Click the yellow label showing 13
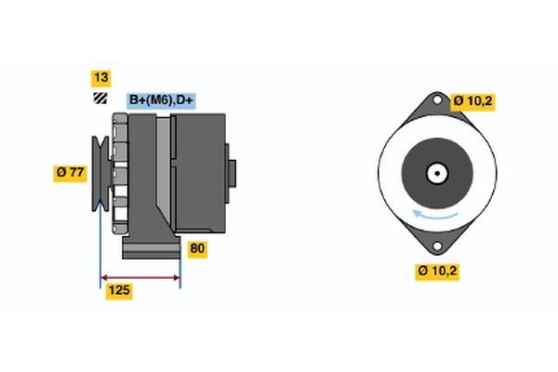101,78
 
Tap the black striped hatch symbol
100,99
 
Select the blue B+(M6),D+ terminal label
161,100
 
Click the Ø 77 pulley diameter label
70,173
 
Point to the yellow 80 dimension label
197,249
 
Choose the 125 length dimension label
119,290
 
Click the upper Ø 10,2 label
472,101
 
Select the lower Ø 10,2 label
437,272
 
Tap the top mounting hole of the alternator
437,100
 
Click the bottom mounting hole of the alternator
437,246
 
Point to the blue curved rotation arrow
435,215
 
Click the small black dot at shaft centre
437,173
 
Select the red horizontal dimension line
140,278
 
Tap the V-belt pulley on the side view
100,173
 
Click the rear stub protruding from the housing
231,173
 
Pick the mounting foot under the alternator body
152,246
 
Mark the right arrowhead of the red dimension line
177,278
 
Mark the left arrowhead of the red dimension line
104,278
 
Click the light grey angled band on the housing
164,167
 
